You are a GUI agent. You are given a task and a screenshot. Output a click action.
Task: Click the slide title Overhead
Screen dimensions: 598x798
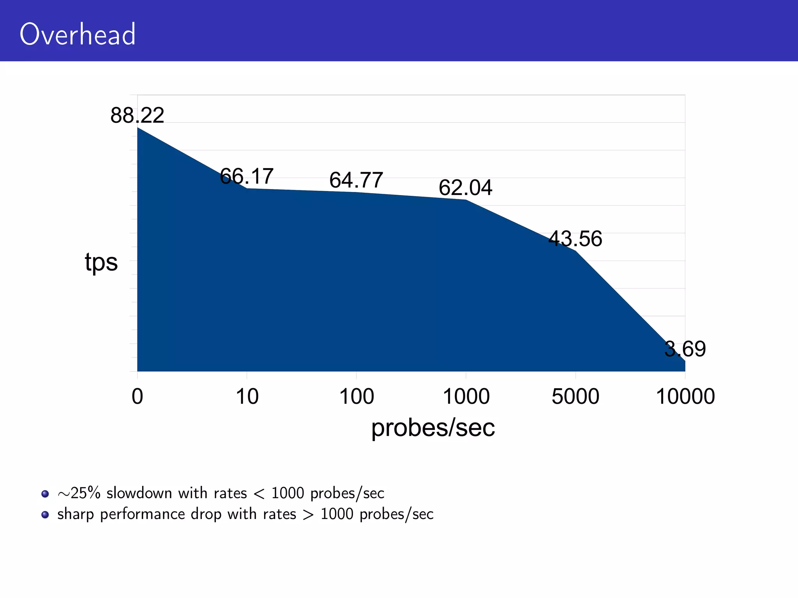pos(78,34)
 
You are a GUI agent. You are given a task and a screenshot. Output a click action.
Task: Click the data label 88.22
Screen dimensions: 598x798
pos(137,116)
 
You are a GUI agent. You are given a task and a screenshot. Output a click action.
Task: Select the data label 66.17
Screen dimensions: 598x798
pos(247,176)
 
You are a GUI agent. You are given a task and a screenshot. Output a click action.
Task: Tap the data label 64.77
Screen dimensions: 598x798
pos(356,180)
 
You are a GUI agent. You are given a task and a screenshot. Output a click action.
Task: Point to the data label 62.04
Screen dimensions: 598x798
pos(465,188)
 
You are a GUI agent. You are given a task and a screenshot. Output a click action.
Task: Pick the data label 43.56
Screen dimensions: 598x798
pos(575,239)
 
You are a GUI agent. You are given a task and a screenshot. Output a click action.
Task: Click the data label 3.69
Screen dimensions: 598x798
pos(685,349)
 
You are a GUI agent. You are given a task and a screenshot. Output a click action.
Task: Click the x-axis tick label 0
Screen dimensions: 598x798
pos(137,397)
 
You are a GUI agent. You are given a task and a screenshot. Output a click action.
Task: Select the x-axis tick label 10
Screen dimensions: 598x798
pos(247,397)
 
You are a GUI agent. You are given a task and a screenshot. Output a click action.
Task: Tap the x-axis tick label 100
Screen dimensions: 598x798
pos(357,397)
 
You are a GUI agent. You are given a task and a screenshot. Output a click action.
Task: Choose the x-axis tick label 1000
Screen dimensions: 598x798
pos(466,397)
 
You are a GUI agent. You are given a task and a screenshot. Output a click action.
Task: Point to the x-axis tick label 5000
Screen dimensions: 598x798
pos(576,397)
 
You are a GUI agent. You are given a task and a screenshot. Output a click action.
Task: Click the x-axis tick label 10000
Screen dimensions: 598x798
pos(685,397)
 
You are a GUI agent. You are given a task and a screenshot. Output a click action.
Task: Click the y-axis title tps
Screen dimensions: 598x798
pos(101,262)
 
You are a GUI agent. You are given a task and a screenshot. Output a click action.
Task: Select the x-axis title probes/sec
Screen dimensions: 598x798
pos(433,428)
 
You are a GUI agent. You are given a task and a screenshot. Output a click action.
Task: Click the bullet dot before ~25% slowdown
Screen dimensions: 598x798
pos(45,494)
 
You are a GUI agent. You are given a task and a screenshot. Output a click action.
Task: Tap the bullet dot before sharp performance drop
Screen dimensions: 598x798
pos(45,515)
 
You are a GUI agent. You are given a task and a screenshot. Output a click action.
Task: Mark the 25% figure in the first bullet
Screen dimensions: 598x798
pos(85,493)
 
